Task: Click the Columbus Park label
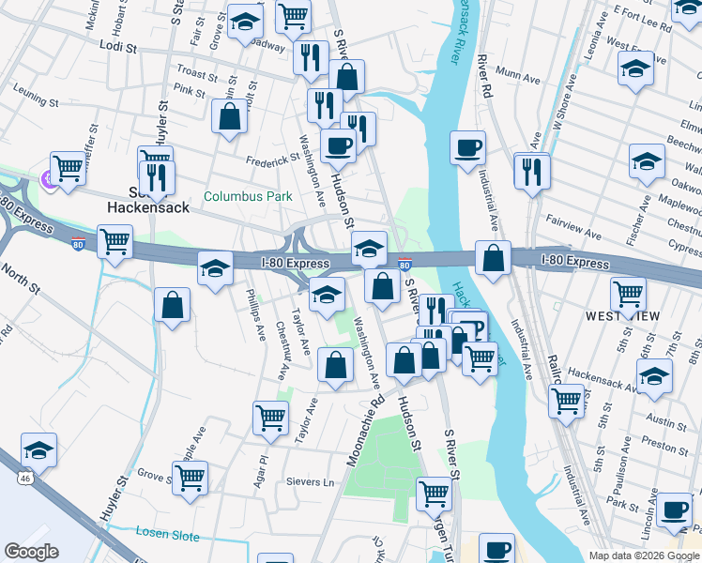tap(248, 197)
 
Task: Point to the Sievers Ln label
tap(310, 482)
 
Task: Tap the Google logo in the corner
tap(31, 551)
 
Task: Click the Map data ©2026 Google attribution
tap(643, 555)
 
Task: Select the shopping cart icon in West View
tap(628, 295)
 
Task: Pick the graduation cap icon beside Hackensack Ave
tap(654, 377)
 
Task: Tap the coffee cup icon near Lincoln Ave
tap(674, 510)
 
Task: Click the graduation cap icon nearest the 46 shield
tap(38, 449)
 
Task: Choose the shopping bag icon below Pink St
tap(230, 117)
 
